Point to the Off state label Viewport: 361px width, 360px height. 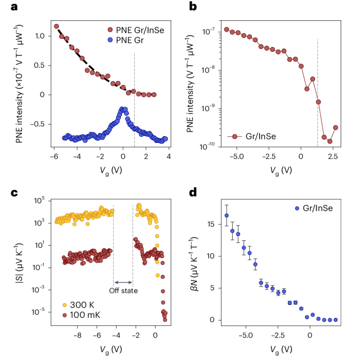pyautogui.click(x=124, y=291)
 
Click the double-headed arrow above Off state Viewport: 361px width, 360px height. pyautogui.click(x=123, y=281)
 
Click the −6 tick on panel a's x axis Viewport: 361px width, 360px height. pyautogui.click(x=53, y=156)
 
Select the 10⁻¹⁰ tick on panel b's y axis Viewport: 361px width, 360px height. pyautogui.click(x=214, y=145)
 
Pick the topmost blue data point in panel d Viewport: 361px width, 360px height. pyautogui.click(x=227, y=216)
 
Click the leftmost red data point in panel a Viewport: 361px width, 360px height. pyautogui.click(x=56, y=26)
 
